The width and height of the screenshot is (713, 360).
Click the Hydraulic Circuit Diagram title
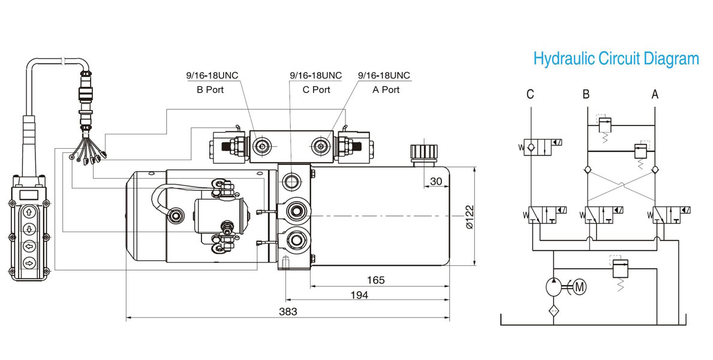616,59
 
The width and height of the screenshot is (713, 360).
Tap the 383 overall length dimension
288,311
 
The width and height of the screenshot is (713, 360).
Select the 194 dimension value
359,295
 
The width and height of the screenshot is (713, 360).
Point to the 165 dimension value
376,280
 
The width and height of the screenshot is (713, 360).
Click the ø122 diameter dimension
470,217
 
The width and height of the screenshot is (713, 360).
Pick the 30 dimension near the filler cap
436,181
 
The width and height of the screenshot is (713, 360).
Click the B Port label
210,89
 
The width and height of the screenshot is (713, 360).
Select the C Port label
317,89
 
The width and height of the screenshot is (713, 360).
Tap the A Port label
386,89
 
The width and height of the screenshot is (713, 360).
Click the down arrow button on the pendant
29,229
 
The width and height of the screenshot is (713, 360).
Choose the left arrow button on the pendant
29,246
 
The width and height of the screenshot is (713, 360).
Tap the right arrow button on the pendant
29,263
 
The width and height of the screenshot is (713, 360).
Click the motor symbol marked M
579,287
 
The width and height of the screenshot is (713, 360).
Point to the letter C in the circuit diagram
530,94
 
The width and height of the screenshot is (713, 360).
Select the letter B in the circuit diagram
586,94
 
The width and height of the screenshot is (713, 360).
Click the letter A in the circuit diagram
655,94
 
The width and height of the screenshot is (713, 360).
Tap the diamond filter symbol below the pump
553,311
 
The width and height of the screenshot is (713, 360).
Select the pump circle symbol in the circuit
554,287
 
